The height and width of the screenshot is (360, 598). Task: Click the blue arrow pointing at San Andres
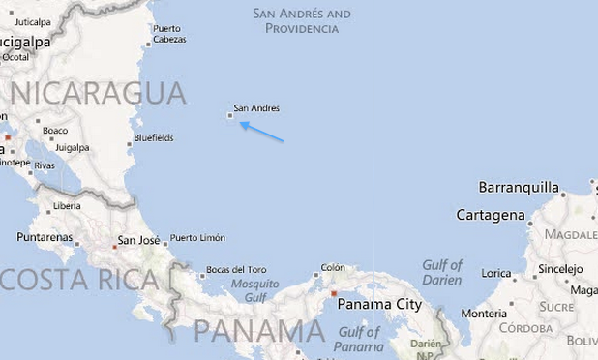click(261, 132)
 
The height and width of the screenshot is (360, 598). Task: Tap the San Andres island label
click(256, 108)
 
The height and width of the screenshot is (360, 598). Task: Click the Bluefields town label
click(154, 138)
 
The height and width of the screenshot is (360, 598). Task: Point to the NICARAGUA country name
click(98, 94)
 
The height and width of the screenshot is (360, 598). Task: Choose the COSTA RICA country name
click(79, 280)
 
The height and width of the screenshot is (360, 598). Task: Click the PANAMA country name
click(258, 331)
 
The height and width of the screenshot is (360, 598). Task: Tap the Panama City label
click(379, 304)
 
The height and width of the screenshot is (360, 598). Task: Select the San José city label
click(138, 240)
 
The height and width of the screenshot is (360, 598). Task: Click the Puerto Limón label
click(197, 238)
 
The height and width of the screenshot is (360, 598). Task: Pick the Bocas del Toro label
click(236, 269)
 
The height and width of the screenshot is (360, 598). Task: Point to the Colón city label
click(333, 267)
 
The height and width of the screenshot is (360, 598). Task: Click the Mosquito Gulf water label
click(254, 290)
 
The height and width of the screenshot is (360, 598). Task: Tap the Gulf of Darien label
click(442, 272)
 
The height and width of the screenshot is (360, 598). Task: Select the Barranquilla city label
click(519, 188)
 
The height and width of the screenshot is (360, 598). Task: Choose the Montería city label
click(484, 314)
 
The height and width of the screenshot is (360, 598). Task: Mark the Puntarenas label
click(45, 237)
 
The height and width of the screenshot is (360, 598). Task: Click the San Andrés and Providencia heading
click(302, 21)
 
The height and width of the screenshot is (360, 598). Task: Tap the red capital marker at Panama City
click(334, 294)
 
